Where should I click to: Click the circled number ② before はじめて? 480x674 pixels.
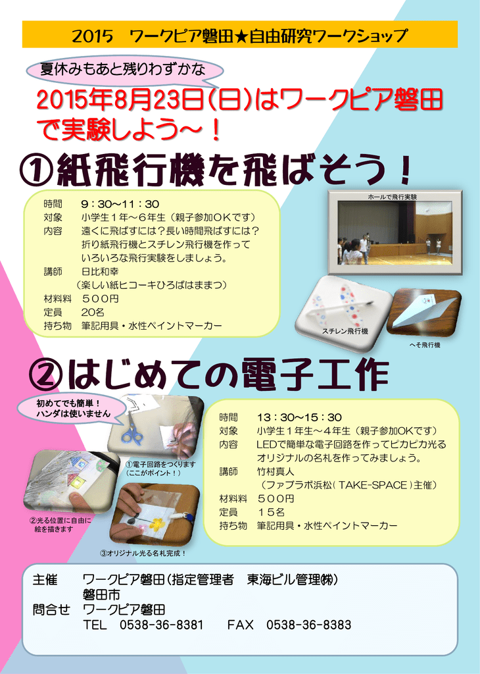pos(45,375)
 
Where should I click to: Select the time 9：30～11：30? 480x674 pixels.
pos(120,204)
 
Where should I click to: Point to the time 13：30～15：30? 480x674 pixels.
pos(299,417)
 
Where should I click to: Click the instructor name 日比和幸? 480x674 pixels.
pos(100,272)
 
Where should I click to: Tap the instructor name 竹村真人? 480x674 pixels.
pos(276,471)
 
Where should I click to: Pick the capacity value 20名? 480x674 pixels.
pos(93,312)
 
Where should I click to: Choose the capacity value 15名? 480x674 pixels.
pos(272,512)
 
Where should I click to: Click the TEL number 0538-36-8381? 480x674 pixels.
pos(162,625)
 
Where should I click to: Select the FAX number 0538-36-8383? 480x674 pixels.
pos(308,625)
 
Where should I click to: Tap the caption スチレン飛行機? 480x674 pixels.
pos(345,332)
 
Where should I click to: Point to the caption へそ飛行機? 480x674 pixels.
pos(425,345)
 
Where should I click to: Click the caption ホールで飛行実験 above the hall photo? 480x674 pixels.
pos(393,197)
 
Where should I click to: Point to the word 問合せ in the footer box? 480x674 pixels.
pos(51,609)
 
